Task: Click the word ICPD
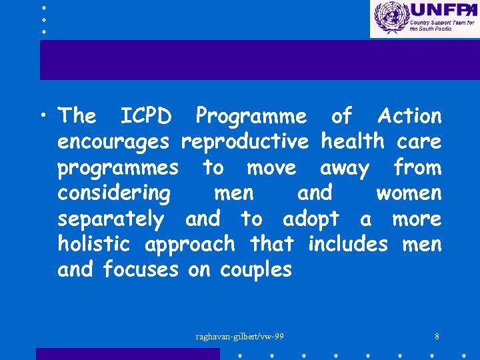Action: (145, 116)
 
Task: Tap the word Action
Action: (409, 116)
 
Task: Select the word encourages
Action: (113, 142)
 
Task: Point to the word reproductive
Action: (245, 142)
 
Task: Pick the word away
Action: (344, 168)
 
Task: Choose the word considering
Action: (114, 194)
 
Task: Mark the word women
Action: (409, 193)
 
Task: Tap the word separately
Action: (111, 219)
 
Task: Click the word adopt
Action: (311, 219)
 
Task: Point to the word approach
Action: (190, 245)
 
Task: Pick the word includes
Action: (347, 244)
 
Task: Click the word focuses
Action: (141, 270)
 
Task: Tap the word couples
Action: (256, 271)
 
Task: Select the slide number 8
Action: (436, 336)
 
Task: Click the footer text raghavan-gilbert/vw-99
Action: (239, 336)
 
